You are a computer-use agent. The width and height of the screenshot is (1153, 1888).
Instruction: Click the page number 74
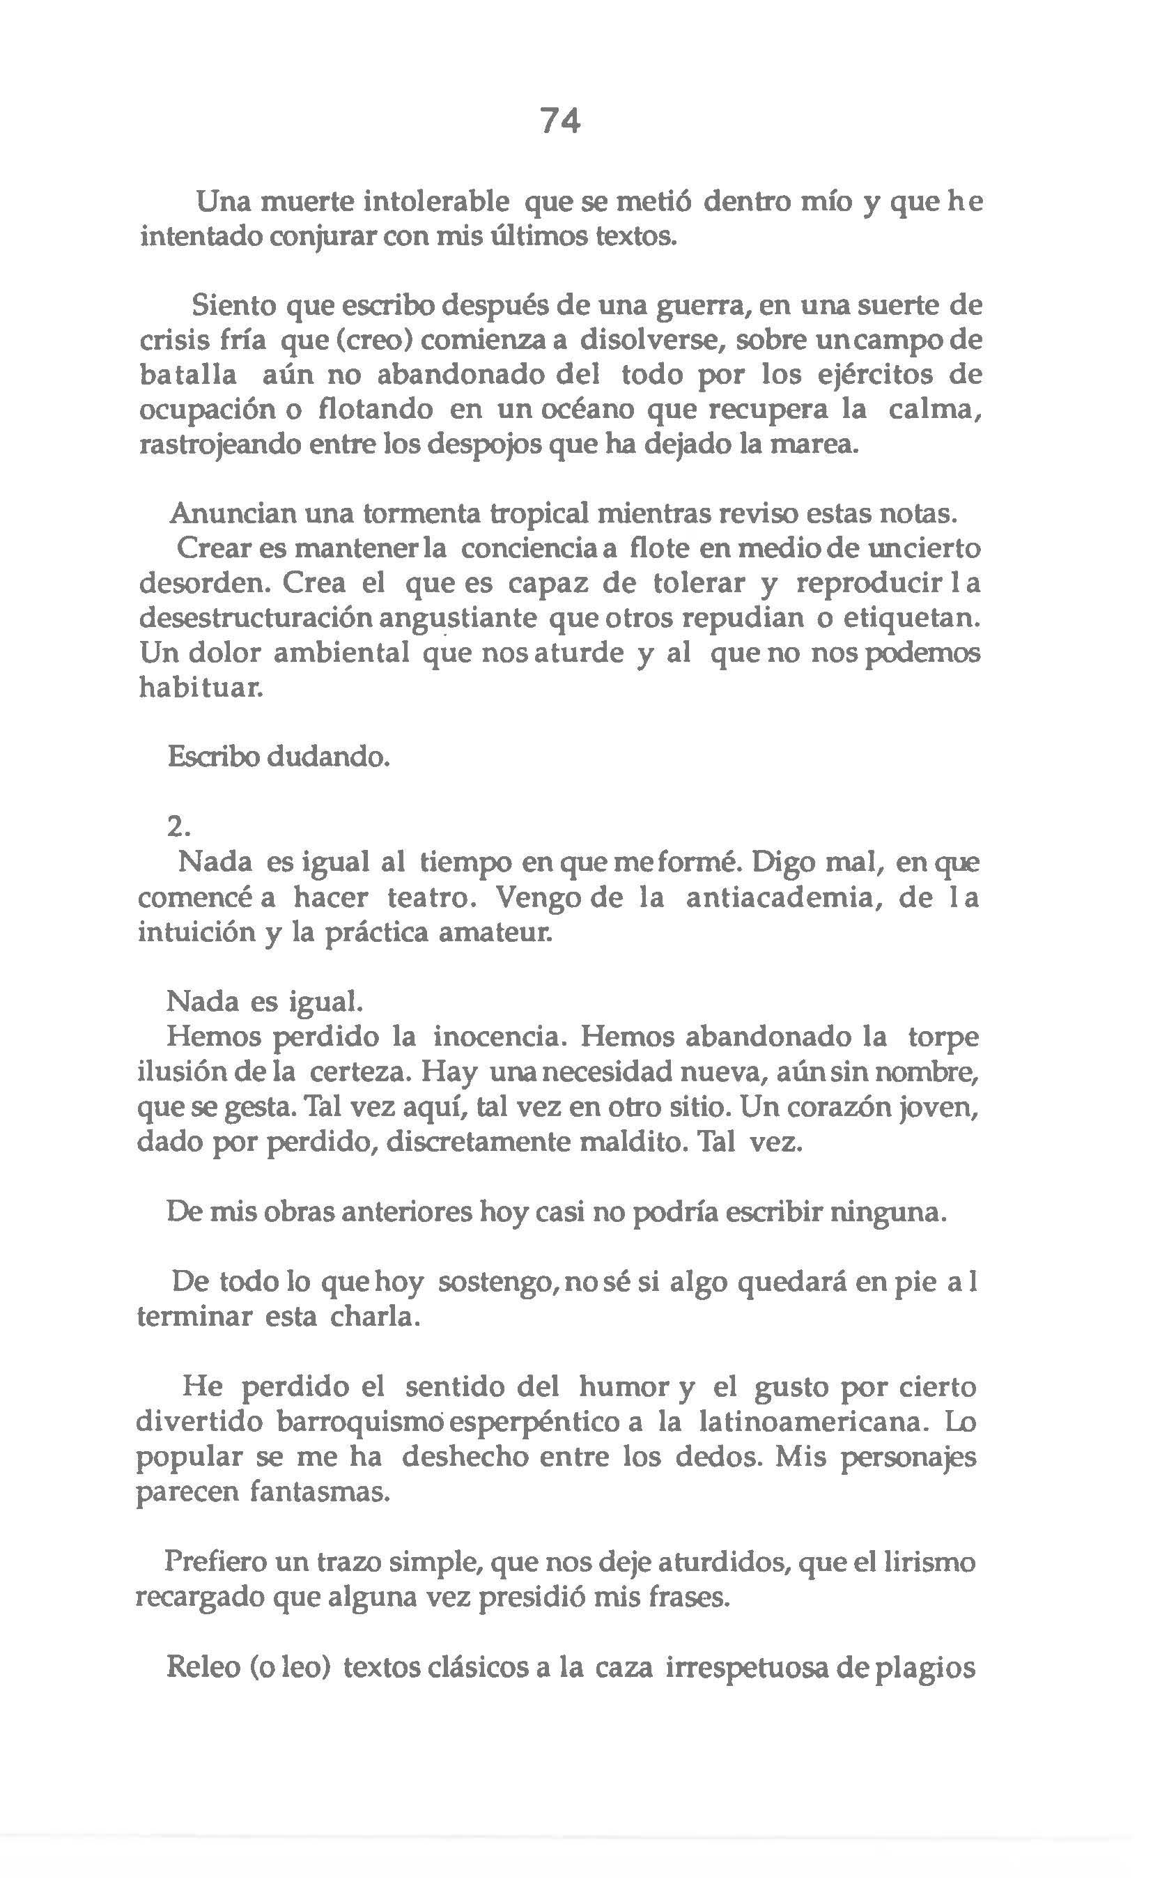pyautogui.click(x=560, y=121)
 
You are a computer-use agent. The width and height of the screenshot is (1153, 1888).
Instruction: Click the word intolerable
pyautogui.click(x=436, y=202)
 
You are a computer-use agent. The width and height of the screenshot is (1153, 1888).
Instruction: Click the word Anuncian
pyautogui.click(x=232, y=513)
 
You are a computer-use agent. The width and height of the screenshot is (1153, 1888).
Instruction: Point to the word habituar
pyautogui.click(x=200, y=688)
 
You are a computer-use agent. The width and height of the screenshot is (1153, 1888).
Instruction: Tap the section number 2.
pyautogui.click(x=177, y=827)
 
